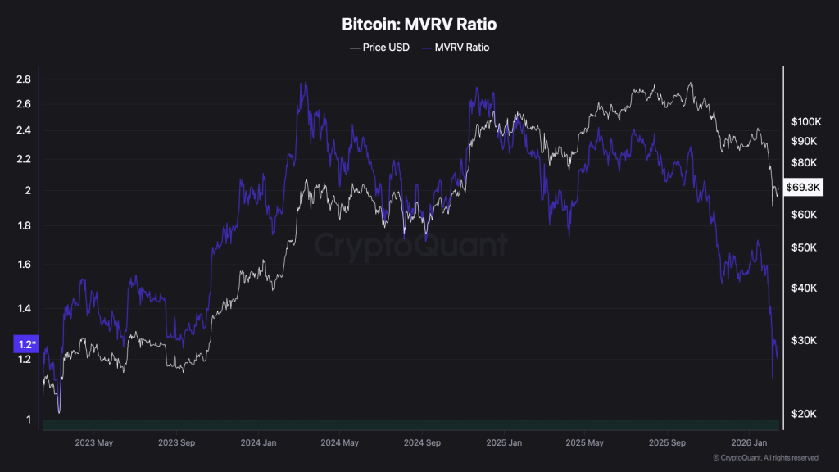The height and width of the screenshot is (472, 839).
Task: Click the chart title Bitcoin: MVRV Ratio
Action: tap(419, 25)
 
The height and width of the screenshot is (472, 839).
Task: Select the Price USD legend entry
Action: tap(379, 48)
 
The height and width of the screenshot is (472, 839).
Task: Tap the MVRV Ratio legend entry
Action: tap(456, 48)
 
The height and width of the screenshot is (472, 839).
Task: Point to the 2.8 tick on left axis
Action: tap(23, 79)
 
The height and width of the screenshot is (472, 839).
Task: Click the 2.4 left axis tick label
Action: tap(23, 130)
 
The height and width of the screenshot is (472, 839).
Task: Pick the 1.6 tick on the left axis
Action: tap(23, 265)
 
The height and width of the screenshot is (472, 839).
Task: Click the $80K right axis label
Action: tap(805, 162)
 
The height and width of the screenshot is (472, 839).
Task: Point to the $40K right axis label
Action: tap(805, 288)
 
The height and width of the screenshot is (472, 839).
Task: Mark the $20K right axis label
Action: tap(805, 414)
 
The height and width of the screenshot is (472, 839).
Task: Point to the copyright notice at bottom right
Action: tap(765, 457)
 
